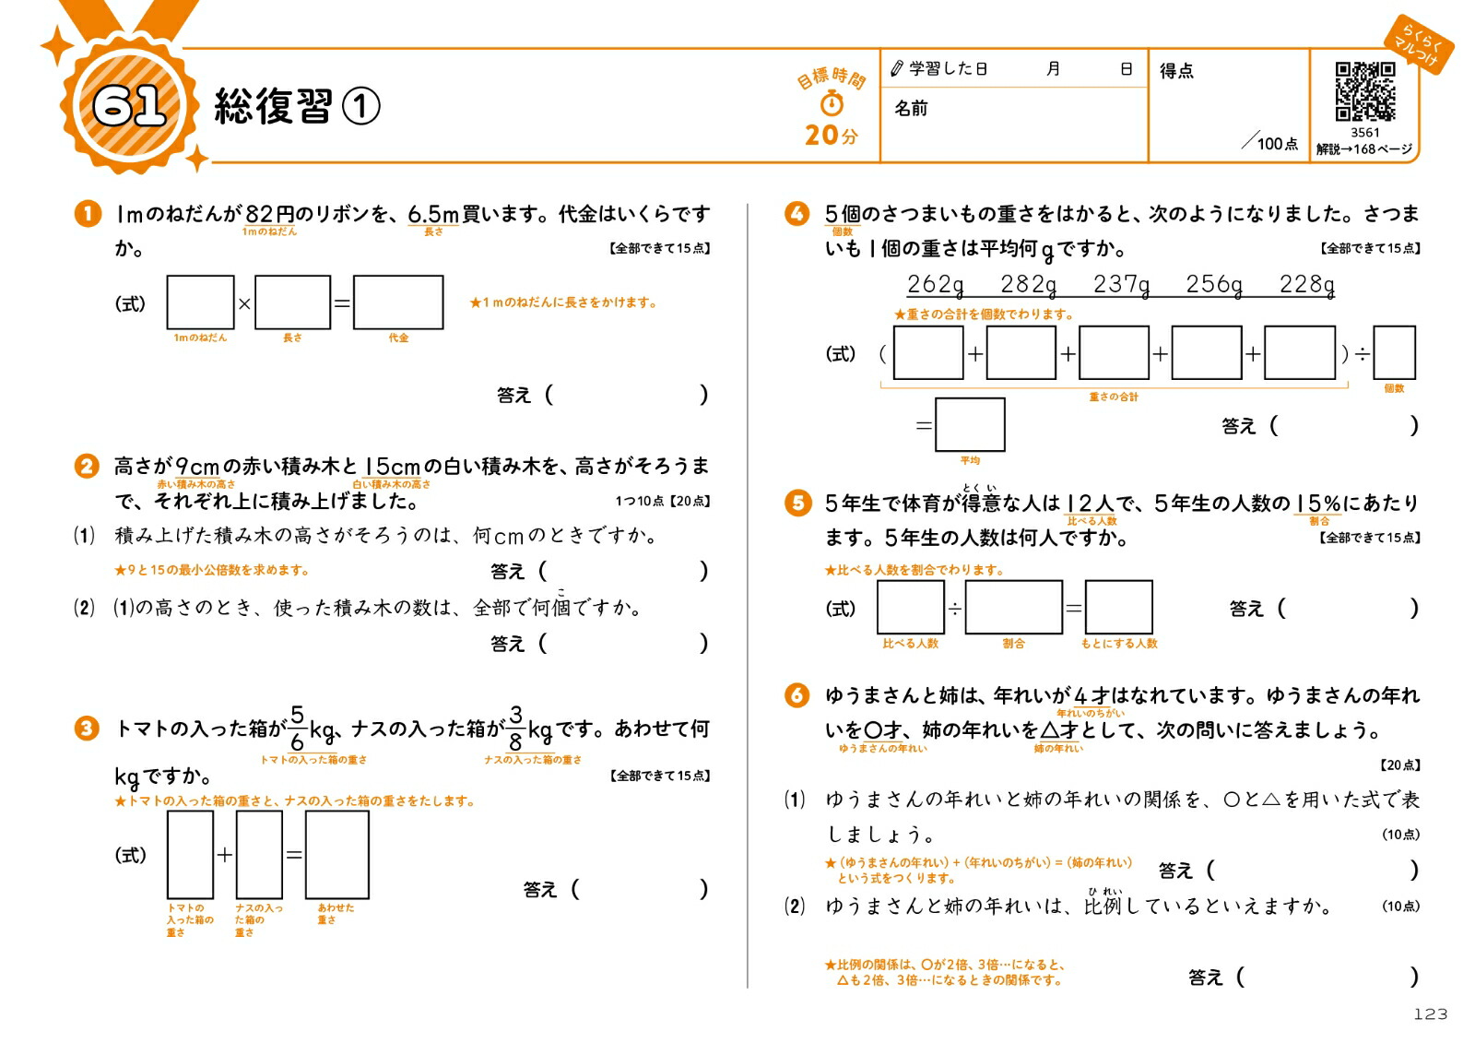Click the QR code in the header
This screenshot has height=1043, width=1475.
pyautogui.click(x=1364, y=91)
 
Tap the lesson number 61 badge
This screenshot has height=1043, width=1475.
pyautogui.click(x=129, y=105)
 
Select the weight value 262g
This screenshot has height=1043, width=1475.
pyautogui.click(x=936, y=285)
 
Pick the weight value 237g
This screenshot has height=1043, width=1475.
pyautogui.click(x=1121, y=285)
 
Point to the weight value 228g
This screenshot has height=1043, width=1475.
pyautogui.click(x=1307, y=285)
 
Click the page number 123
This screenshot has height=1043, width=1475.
pyautogui.click(x=1430, y=1014)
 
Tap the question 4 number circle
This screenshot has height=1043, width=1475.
pyautogui.click(x=796, y=214)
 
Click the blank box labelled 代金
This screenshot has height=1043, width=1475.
pyautogui.click(x=398, y=302)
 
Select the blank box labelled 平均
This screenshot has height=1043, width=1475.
pyautogui.click(x=970, y=424)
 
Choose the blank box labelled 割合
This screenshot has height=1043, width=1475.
pyautogui.click(x=1013, y=607)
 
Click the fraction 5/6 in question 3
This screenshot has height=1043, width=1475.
pyautogui.click(x=297, y=728)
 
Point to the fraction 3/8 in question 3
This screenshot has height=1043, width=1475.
pyautogui.click(x=515, y=728)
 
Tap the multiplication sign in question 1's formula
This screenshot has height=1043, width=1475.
pyautogui.click(x=244, y=302)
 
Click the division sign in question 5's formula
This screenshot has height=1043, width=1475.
pyautogui.click(x=955, y=608)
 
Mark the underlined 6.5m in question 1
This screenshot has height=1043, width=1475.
pyautogui.click(x=433, y=215)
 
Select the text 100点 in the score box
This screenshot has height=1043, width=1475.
pyautogui.click(x=1277, y=144)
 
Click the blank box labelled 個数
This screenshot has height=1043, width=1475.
pyautogui.click(x=1394, y=353)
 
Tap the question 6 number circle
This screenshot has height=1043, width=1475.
pyautogui.click(x=796, y=695)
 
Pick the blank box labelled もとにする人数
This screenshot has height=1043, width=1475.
pyautogui.click(x=1118, y=607)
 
